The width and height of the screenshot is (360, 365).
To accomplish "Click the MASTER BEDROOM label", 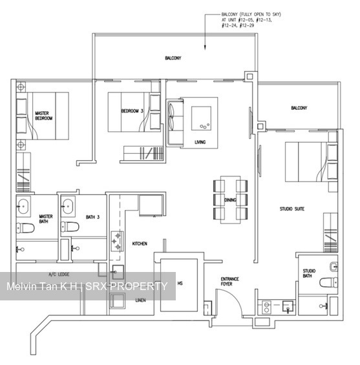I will pos(43,116).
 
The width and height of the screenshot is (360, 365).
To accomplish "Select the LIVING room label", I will pos(200,142).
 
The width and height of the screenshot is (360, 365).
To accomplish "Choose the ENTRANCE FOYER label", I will pos(229,282).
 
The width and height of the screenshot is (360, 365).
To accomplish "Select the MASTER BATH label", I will pos(45,220).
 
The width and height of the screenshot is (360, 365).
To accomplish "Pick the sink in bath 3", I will pos(67,207).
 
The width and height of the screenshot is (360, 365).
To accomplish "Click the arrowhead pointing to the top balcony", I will pos(206,47).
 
